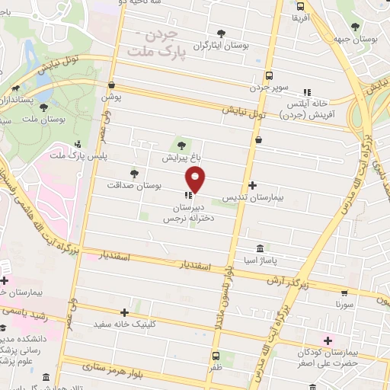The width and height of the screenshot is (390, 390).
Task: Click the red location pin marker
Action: (x=196, y=180)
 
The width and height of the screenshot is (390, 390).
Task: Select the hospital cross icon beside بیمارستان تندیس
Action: (x=253, y=185)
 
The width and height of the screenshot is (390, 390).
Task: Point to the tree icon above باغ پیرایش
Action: (x=181, y=146)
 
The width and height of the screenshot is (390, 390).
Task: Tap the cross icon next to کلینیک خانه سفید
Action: (x=124, y=312)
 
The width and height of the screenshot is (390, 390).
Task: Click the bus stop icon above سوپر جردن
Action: (x=269, y=75)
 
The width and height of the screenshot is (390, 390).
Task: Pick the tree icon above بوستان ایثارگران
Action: (x=222, y=34)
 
